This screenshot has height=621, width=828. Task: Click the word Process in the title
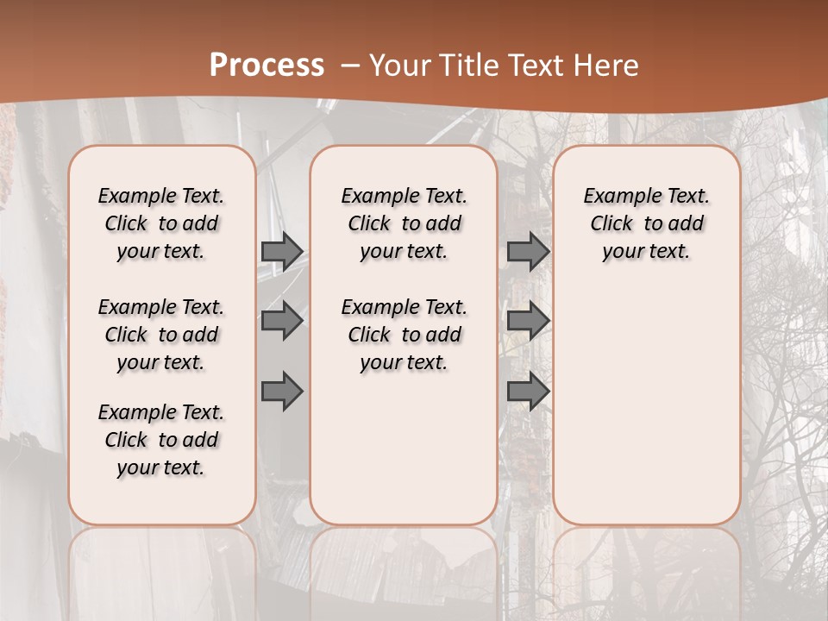point(267,66)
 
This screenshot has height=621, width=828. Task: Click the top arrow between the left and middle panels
point(282,251)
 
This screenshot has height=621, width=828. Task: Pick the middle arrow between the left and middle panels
point(282,321)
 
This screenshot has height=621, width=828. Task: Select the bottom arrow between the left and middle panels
point(282,392)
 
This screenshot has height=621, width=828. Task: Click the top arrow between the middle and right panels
point(528,251)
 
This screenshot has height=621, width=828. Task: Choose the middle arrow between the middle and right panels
point(528,321)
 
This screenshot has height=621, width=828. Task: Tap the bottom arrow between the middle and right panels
point(528,392)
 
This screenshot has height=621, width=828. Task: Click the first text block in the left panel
point(161,223)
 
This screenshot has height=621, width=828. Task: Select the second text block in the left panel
point(161,335)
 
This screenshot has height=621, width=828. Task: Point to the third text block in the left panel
point(161,440)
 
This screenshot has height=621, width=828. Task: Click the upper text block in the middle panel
point(404,223)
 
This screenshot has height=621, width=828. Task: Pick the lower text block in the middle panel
point(404,335)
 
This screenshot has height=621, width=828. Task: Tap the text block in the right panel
point(647,223)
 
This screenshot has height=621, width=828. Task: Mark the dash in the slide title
point(350,66)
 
